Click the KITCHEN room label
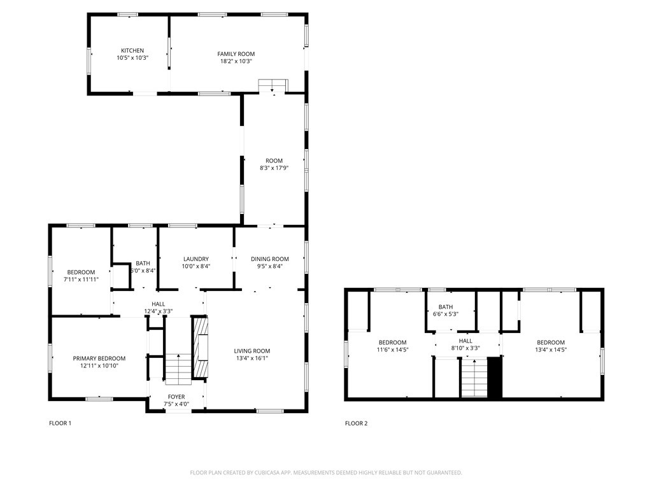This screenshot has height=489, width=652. tap(132, 51)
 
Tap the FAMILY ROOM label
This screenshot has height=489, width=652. tap(236, 54)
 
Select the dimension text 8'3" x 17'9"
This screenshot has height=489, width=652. tap(274, 168)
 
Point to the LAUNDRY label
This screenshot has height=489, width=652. tap(196, 259)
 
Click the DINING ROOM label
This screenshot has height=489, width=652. tap(270, 259)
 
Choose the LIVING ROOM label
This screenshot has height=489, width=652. tap(252, 351)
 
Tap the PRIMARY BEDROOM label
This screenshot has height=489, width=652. tap(99, 358)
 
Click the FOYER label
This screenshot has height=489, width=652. tap(176, 397)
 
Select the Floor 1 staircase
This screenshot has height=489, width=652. tap(178, 369)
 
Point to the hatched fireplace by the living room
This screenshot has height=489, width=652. tap(201, 347)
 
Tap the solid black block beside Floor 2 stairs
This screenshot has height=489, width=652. tap(494, 378)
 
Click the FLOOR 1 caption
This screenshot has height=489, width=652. tap(60, 423)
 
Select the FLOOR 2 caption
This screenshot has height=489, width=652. tap(357, 423)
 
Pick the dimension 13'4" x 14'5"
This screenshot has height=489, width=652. tap(551, 350)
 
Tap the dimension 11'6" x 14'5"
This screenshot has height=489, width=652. tap(392, 350)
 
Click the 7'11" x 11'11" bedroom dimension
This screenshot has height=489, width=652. tap(81, 280)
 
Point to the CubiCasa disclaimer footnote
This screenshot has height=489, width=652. tap(326, 473)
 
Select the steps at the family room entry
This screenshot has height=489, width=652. tap(273, 85)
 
